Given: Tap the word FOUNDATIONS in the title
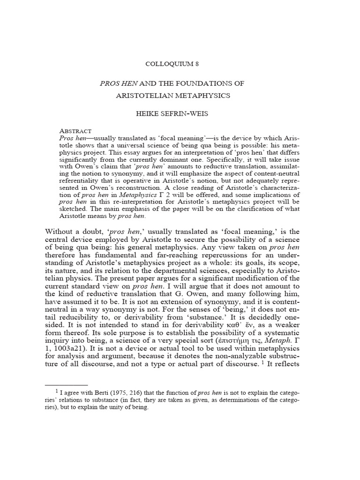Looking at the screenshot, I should pyautogui.click(x=209, y=83).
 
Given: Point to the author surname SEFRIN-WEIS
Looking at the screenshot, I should pyautogui.click(x=193, y=114).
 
